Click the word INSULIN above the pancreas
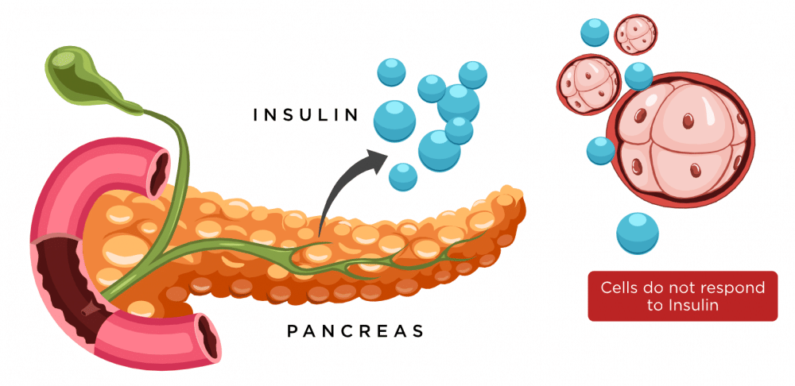click(306, 114)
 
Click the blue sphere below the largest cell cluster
click(637, 233)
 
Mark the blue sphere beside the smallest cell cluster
click(594, 32)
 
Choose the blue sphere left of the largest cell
click(600, 150)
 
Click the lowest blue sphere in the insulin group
click(403, 176)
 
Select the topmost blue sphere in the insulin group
click(473, 75)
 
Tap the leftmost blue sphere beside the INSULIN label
click(394, 121)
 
